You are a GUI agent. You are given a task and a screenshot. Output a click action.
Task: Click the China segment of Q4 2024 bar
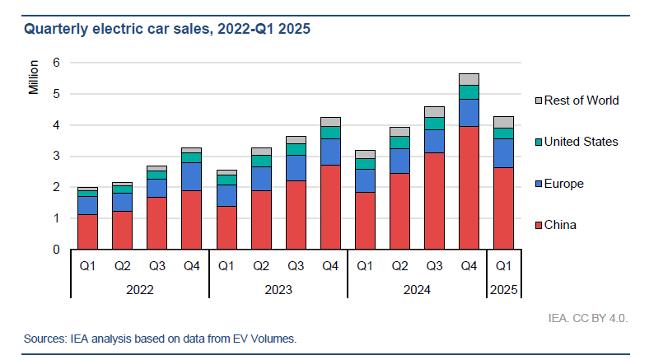pyautogui.click(x=469, y=188)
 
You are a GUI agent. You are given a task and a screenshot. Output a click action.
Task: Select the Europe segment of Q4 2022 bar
pyautogui.click(x=191, y=176)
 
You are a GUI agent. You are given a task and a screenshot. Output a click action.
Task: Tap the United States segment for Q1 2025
pyautogui.click(x=502, y=133)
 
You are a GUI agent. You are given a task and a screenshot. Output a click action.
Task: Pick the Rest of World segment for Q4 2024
pyautogui.click(x=469, y=79)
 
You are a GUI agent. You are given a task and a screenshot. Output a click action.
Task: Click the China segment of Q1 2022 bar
pyautogui.click(x=87, y=231)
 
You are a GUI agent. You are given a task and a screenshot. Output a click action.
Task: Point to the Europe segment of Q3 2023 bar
pyautogui.click(x=296, y=168)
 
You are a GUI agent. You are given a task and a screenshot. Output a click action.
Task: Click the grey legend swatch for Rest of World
pyautogui.click(x=539, y=101)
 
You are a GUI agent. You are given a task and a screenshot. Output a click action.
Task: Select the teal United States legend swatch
pyautogui.click(x=539, y=142)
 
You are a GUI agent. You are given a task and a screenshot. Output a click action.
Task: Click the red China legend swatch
pyautogui.click(x=539, y=225)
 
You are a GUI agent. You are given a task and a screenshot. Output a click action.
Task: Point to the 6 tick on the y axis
pyautogui.click(x=56, y=63)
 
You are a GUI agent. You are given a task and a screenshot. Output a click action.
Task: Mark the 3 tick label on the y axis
pyautogui.click(x=56, y=157)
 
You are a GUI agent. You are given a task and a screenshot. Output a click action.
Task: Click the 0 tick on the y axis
pyautogui.click(x=56, y=250)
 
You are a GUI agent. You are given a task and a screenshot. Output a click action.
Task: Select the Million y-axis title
pyautogui.click(x=34, y=77)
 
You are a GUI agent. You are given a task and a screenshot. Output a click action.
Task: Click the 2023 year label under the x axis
pyautogui.click(x=278, y=290)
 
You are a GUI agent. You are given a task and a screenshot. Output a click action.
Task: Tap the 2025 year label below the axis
pyautogui.click(x=502, y=290)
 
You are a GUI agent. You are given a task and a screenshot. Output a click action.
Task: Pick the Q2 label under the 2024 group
pyautogui.click(x=399, y=267)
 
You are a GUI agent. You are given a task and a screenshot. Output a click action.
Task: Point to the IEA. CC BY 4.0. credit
pyautogui.click(x=587, y=316)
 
